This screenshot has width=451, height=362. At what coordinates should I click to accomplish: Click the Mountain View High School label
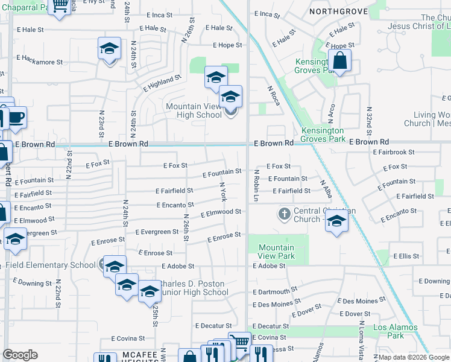point(194,111)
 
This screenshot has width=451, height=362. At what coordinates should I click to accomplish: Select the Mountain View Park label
point(276,252)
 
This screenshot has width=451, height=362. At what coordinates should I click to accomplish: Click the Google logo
point(20,355)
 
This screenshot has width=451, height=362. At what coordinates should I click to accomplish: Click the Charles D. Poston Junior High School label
point(192,288)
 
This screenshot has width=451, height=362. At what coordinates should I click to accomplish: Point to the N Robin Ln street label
point(256,184)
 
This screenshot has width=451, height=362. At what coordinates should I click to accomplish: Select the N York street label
point(223,191)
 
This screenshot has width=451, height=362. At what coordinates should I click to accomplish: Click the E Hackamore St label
point(40,60)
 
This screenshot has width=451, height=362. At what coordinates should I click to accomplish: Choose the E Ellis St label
point(406,256)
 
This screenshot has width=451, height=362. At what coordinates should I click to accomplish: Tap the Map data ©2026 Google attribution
point(414,357)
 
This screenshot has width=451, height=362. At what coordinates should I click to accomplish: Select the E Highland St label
point(162,83)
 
